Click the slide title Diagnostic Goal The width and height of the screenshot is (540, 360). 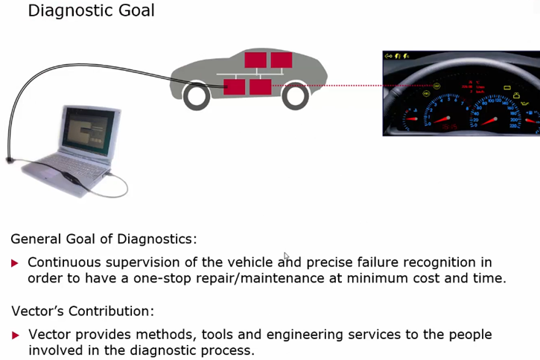pos(92,11)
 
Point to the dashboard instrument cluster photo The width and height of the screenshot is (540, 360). pos(460,93)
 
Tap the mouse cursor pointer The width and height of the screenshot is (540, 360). pos(286,257)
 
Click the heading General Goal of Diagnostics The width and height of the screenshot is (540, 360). pos(104,239)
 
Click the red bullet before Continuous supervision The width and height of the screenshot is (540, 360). pos(15,263)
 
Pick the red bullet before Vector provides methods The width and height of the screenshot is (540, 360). pos(15,335)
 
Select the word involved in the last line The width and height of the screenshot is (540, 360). pos(57,350)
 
